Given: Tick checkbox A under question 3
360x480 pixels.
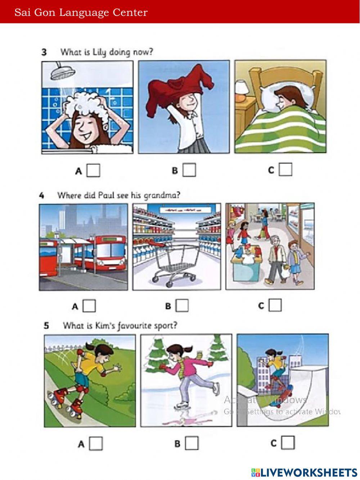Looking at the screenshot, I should [x=93, y=170].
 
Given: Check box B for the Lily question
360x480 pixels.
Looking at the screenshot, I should [x=189, y=170].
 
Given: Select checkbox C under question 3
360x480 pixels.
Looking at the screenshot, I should [x=285, y=169].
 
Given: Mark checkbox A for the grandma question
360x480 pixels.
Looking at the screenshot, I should [x=89, y=306].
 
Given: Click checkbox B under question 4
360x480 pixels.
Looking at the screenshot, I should [x=182, y=306].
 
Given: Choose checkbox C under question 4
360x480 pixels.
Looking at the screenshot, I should [x=275, y=305].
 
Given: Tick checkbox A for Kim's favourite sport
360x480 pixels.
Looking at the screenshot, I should [x=96, y=444].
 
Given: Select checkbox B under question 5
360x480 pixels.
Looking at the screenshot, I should [x=192, y=443].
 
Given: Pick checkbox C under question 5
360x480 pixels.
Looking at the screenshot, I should [x=288, y=443].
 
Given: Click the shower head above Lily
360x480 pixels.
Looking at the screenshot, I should [x=60, y=72].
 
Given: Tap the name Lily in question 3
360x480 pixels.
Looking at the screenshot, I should [x=99, y=52].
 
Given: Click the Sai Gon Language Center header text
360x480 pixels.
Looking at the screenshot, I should [x=81, y=13].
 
